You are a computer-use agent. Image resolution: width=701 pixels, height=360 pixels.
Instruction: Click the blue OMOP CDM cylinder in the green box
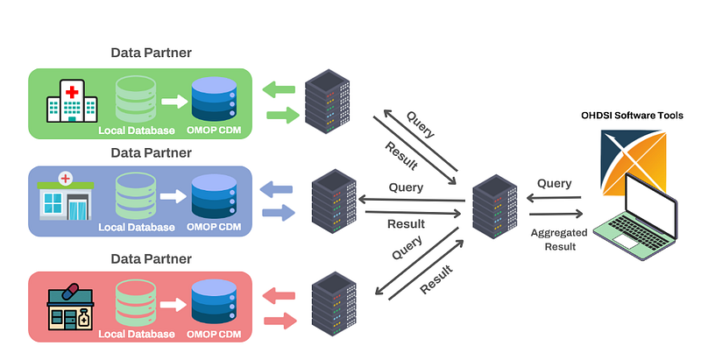tap(214, 100)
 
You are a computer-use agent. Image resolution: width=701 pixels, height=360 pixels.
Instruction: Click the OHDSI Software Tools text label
tap(632, 116)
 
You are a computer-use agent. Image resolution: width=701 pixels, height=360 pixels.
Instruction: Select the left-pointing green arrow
tap(280, 88)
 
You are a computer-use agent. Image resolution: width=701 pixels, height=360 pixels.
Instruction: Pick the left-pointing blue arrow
tap(280, 187)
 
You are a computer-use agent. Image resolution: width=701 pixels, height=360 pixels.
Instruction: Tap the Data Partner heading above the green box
tap(151, 53)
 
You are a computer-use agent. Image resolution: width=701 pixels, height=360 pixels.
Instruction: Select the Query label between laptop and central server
tap(554, 184)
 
